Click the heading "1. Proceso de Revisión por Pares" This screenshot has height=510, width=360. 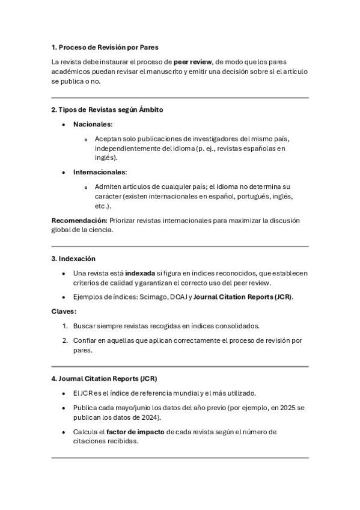pyautogui.click(x=105, y=47)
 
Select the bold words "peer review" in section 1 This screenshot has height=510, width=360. pyautogui.click(x=192, y=61)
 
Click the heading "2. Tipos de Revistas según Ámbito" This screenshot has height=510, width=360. pyautogui.click(x=107, y=109)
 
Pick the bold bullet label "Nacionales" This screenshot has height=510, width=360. pyautogui.click(x=93, y=124)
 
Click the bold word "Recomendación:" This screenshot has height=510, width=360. pyautogui.click(x=79, y=220)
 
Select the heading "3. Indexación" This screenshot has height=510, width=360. pyautogui.click(x=73, y=259)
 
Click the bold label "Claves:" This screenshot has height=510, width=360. pyautogui.click(x=64, y=312)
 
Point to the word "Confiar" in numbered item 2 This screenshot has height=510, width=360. pyautogui.click(x=85, y=340)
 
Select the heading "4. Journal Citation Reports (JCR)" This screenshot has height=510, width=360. pyautogui.click(x=104, y=379)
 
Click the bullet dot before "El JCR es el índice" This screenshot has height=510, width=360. pyautogui.click(x=64, y=393)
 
